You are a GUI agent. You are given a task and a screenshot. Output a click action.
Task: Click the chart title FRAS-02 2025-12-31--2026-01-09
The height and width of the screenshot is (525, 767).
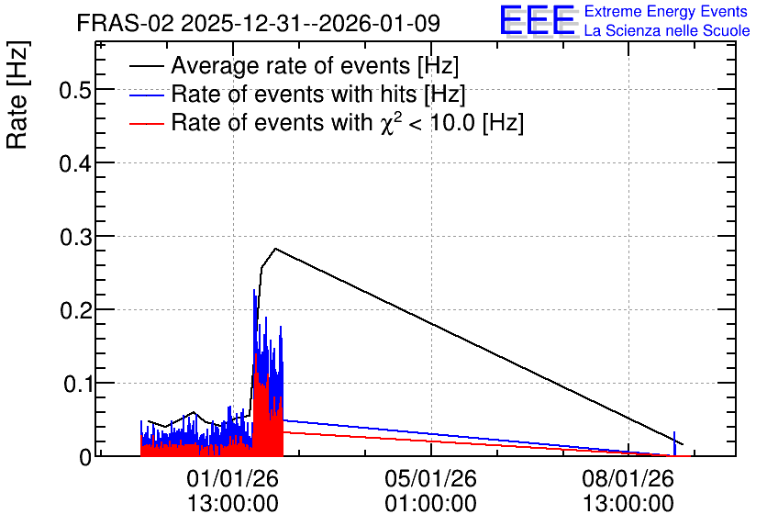tap(259, 23)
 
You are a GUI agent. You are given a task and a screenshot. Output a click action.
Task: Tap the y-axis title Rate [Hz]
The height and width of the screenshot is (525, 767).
tap(17, 95)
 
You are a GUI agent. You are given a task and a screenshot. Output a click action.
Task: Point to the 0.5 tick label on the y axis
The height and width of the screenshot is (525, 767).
tap(76, 90)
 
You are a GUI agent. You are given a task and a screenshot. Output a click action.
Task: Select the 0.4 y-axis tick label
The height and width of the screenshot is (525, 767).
tap(76, 163)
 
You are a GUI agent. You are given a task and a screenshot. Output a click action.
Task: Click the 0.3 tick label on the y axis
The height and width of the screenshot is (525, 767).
tap(76, 237)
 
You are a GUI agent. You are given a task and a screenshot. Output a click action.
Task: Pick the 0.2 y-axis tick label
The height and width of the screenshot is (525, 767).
tap(76, 311)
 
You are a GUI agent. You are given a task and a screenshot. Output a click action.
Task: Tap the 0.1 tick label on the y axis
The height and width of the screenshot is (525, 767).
tap(78, 384)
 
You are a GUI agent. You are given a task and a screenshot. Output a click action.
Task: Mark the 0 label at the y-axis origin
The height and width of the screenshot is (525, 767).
tap(85, 457)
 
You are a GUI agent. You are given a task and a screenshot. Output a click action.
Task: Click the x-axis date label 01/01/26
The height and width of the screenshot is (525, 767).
tap(232, 478)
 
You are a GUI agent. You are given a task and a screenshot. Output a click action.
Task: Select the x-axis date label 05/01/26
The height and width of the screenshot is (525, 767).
tap(430, 478)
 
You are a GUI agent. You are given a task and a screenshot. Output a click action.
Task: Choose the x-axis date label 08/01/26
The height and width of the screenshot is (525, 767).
tap(628, 478)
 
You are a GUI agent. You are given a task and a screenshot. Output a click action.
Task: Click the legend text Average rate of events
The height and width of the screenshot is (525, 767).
tap(315, 65)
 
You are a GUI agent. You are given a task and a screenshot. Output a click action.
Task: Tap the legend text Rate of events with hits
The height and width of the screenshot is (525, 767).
tap(318, 94)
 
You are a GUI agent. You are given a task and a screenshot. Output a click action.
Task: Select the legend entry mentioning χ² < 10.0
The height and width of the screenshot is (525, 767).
tap(348, 122)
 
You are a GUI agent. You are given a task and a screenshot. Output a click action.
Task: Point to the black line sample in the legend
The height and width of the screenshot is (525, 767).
tap(146, 66)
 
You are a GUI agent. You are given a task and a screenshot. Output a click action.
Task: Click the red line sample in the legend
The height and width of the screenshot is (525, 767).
tap(146, 123)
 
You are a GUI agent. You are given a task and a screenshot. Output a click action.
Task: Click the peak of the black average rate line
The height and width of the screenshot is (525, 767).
tap(275, 249)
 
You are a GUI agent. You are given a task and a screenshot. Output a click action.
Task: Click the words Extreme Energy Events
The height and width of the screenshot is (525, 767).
tap(666, 11)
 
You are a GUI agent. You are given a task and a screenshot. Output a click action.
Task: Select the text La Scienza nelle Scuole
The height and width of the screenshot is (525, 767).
tap(667, 31)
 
